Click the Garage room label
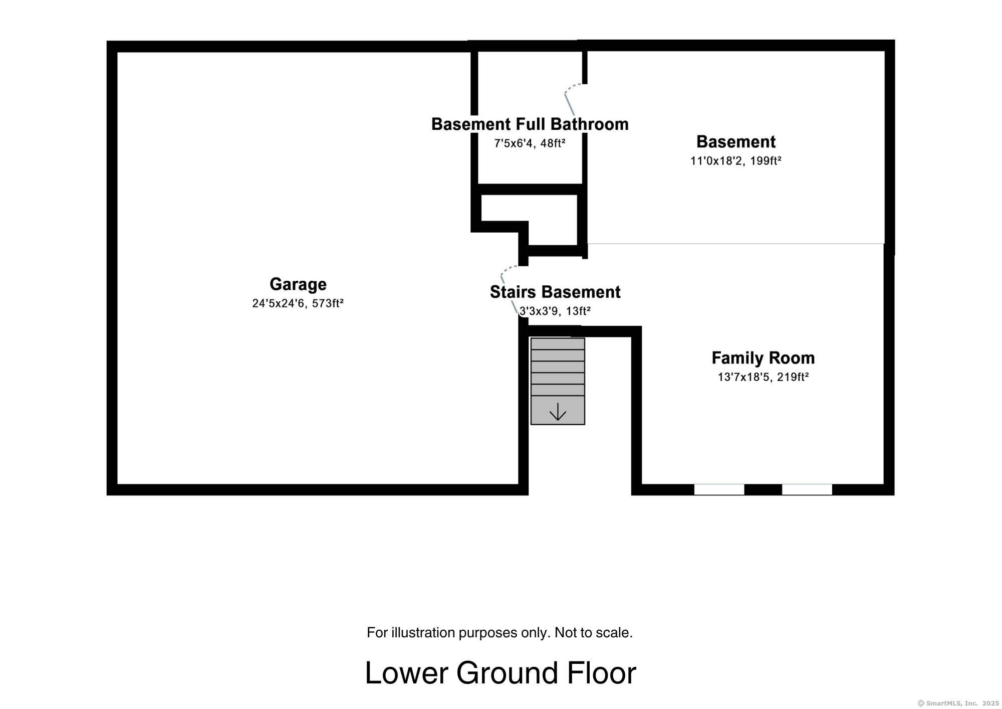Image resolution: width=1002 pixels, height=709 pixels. [298, 284]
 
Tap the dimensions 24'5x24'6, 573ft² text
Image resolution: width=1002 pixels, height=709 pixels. [298, 303]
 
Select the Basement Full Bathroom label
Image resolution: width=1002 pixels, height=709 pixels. [530, 124]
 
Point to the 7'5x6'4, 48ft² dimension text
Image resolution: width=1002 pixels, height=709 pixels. [530, 143]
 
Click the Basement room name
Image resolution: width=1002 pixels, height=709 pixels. [735, 142]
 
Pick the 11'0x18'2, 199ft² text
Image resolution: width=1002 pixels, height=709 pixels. [735, 161]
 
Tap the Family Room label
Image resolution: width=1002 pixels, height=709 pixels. [763, 358]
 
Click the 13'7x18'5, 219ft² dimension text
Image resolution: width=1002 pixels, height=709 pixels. [763, 377]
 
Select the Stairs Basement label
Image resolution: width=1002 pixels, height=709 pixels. [555, 292]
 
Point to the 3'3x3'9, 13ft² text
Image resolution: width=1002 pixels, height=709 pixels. [555, 311]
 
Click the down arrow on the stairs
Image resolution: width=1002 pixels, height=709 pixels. [558, 412]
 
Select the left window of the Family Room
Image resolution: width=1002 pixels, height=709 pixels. [719, 489]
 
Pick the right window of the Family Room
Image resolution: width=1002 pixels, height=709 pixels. [807, 489]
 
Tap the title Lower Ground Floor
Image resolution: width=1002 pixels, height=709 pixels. [500, 673]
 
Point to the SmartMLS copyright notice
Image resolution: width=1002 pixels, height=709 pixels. [957, 703]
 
